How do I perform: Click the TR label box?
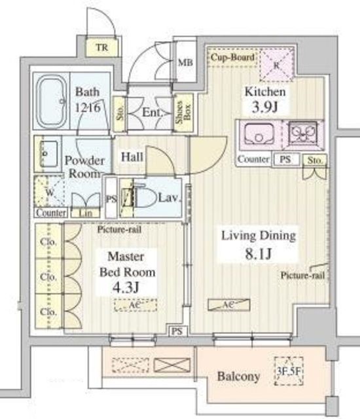click(100, 48)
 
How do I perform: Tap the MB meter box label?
click(185, 64)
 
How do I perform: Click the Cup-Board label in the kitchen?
click(232, 58)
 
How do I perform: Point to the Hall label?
click(132, 157)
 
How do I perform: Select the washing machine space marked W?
click(50, 192)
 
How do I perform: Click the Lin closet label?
click(85, 213)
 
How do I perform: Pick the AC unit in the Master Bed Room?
click(136, 304)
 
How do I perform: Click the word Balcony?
click(239, 376)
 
